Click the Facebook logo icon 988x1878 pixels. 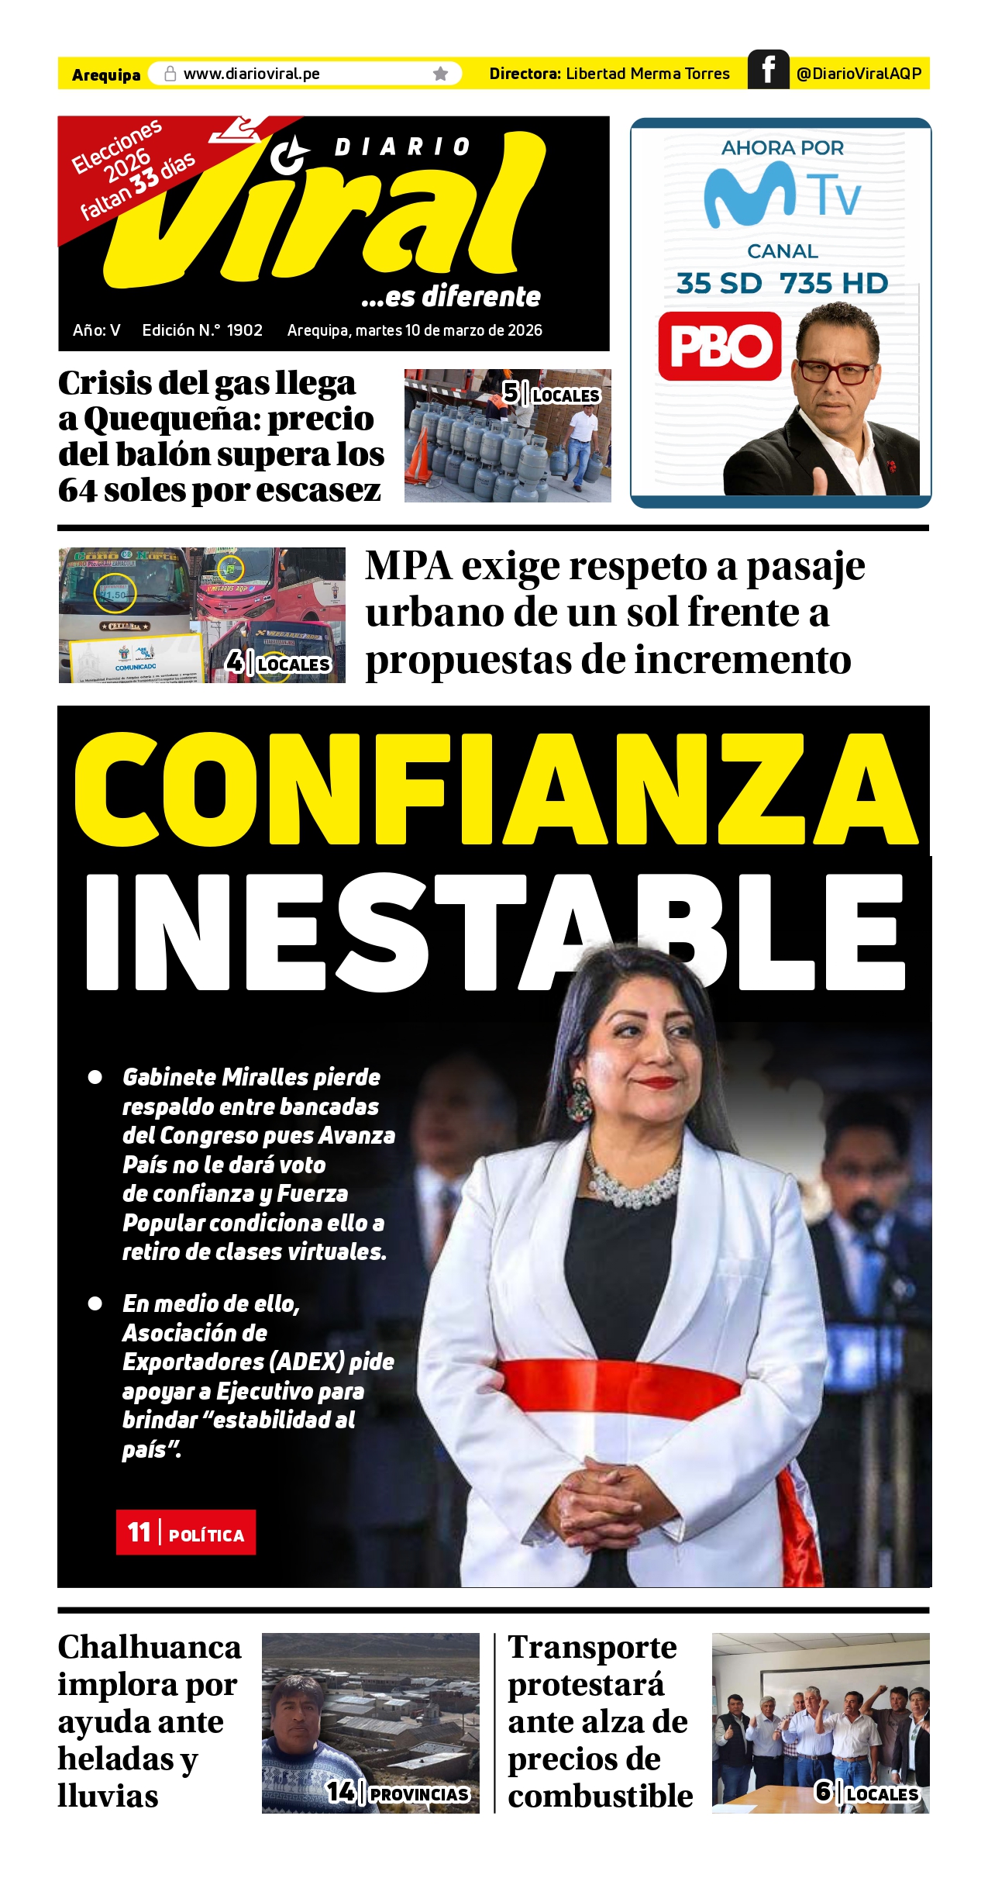[x=768, y=70]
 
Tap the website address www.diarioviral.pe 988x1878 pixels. [x=251, y=74]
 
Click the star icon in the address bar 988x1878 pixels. [x=441, y=74]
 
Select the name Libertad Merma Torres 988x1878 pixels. [x=648, y=74]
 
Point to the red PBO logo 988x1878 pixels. [x=720, y=346]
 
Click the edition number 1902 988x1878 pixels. [x=245, y=330]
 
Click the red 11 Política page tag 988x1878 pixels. [x=186, y=1532]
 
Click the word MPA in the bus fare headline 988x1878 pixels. [x=408, y=566]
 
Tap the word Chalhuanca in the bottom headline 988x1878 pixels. [x=150, y=1648]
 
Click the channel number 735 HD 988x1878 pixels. [x=834, y=284]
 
